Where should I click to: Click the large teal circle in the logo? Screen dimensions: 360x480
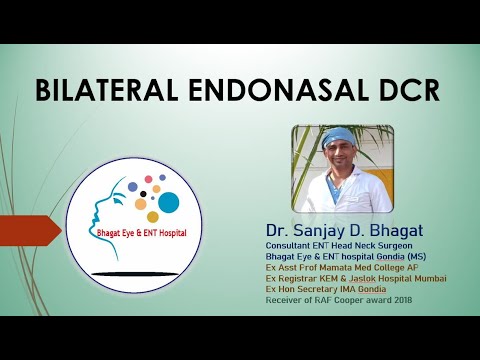tap(168, 203)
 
